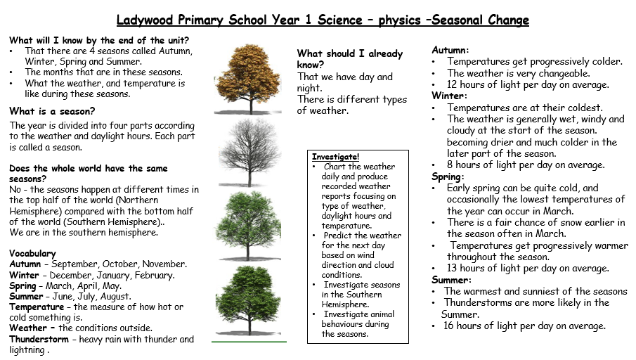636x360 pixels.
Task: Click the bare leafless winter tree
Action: click(x=248, y=152)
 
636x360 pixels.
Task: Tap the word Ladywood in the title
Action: click(x=145, y=20)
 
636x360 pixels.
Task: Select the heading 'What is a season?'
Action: click(x=52, y=111)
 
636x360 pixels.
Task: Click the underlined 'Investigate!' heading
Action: click(x=335, y=157)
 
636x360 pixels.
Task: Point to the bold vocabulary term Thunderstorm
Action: click(x=39, y=339)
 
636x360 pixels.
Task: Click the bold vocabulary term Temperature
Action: click(x=37, y=307)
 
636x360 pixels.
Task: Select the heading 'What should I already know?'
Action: click(x=350, y=59)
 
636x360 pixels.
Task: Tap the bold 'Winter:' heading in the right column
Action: click(x=450, y=96)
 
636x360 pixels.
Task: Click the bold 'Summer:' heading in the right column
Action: click(x=451, y=280)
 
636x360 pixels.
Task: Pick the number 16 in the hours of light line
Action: click(x=448, y=326)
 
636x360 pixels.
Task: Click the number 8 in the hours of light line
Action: click(x=450, y=165)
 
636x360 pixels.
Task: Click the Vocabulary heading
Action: click(x=32, y=254)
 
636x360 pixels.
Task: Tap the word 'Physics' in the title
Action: click(x=400, y=20)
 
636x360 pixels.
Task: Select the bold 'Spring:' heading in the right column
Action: click(x=448, y=177)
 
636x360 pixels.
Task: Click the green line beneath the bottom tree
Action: click(x=249, y=342)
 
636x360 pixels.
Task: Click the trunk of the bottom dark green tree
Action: click(x=248, y=322)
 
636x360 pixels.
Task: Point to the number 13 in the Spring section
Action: click(x=452, y=269)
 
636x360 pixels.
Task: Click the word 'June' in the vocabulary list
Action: click(x=62, y=296)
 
